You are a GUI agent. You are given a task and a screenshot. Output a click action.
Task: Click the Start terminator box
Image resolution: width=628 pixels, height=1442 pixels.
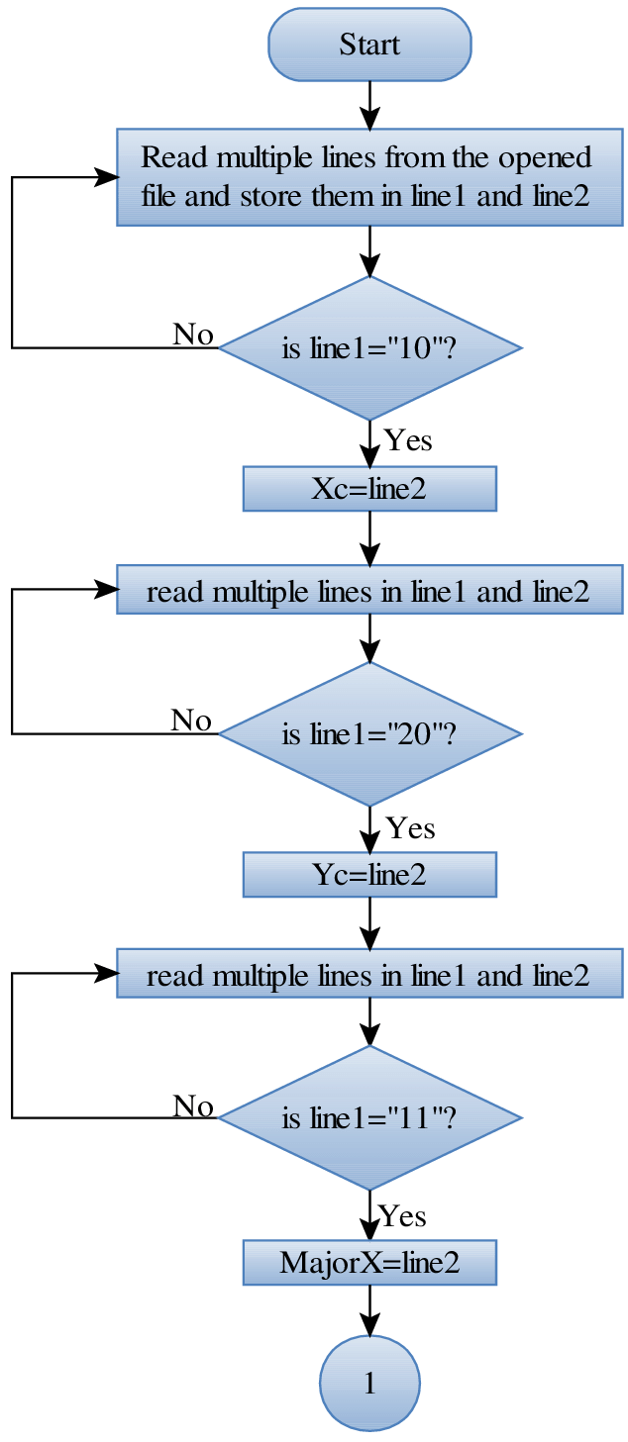click(x=369, y=45)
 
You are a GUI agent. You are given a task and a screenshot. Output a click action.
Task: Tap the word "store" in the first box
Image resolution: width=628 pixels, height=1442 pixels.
click(x=270, y=195)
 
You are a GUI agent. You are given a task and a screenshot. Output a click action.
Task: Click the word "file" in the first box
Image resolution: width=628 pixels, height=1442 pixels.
click(x=158, y=195)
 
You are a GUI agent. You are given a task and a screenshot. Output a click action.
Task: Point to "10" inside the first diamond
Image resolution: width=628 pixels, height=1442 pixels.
click(x=413, y=348)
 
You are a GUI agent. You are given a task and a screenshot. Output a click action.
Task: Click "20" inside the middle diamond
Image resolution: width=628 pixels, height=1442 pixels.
click(x=413, y=734)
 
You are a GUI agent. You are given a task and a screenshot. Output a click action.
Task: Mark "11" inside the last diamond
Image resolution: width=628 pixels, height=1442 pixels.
click(x=413, y=1119)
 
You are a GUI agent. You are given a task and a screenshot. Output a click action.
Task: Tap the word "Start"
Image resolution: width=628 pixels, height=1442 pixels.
click(x=369, y=45)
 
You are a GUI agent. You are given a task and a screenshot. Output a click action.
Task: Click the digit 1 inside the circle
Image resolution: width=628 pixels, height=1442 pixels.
click(x=369, y=1384)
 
